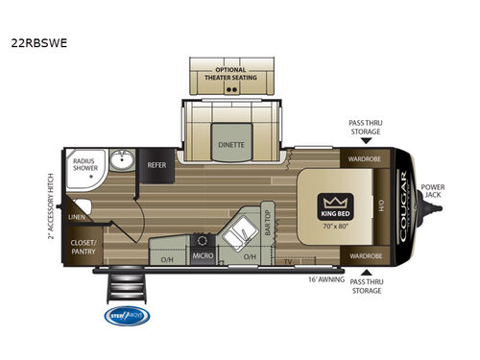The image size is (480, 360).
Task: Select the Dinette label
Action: click(230, 145)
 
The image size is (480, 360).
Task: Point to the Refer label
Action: click(156, 165)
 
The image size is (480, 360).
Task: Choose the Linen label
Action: click(78, 216)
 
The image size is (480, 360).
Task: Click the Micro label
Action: click(203, 256)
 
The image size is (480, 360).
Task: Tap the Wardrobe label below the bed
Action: click(365, 256)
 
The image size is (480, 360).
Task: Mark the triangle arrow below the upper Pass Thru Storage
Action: click(366, 140)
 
